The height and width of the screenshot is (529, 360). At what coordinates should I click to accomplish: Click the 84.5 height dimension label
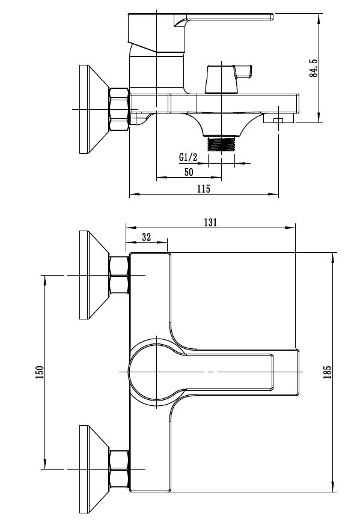pyautogui.click(x=313, y=68)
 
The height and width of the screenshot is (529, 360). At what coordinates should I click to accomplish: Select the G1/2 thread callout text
pyautogui.click(x=188, y=157)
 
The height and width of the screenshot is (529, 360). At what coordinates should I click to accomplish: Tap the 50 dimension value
pyautogui.click(x=189, y=172)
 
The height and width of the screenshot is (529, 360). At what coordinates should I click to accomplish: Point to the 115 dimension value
pyautogui.click(x=204, y=189)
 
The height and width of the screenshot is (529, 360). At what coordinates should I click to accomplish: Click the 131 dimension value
pyautogui.click(x=210, y=222)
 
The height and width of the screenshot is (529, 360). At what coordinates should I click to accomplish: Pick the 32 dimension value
pyautogui.click(x=146, y=237)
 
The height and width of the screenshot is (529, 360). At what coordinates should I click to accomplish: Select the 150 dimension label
pyautogui.click(x=40, y=372)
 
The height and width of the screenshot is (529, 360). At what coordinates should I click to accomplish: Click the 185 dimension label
pyautogui.click(x=327, y=372)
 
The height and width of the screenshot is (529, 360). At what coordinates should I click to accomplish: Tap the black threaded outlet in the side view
pyautogui.click(x=221, y=144)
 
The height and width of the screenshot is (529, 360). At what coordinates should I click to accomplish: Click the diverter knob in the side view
pyautogui.click(x=227, y=79)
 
